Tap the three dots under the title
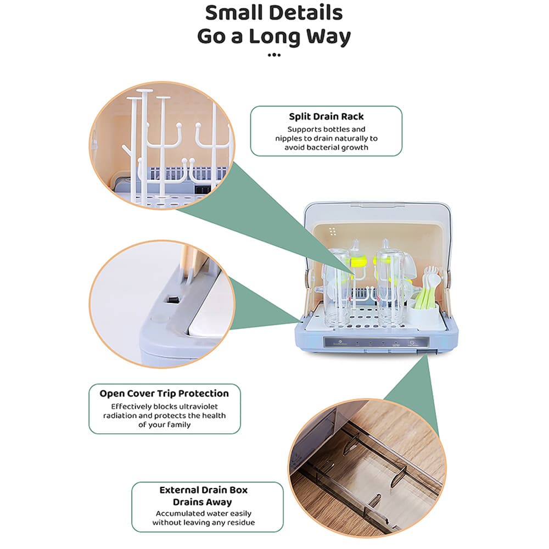(274, 55)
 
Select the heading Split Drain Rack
(326, 116)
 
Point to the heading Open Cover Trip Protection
(164, 394)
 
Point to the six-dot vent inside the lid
(332, 232)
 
